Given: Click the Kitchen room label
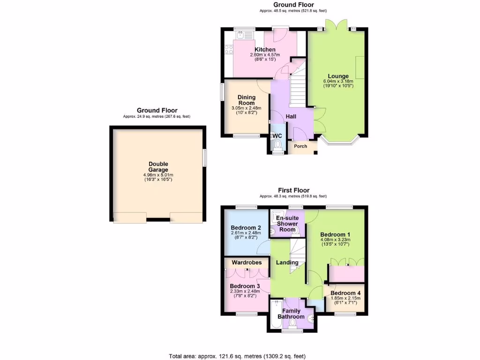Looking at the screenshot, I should (x=265, y=50).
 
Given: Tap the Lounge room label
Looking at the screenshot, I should (x=338, y=76).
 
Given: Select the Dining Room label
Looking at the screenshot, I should (x=246, y=100).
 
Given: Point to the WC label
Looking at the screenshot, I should (x=277, y=136).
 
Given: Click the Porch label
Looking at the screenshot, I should (x=300, y=146).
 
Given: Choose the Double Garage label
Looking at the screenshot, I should (x=158, y=167).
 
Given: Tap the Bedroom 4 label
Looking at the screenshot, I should (x=345, y=294).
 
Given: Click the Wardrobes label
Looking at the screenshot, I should (x=247, y=262).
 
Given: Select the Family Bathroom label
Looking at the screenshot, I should (x=292, y=314).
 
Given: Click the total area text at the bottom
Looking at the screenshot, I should (x=240, y=356).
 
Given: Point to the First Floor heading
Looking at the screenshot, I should (x=293, y=190).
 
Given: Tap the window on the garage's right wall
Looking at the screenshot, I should (x=205, y=157).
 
